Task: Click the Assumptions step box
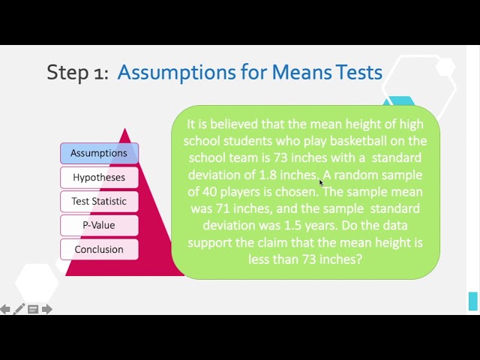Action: (x=99, y=153)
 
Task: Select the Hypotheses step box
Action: (x=99, y=178)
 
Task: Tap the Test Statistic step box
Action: (x=99, y=201)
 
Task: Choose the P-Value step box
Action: (x=99, y=225)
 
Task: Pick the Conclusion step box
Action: (x=99, y=249)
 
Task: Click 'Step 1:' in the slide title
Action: (x=77, y=72)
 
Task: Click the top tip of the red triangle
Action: (x=124, y=130)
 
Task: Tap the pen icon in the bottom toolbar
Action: (x=19, y=309)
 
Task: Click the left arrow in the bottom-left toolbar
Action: (x=5, y=309)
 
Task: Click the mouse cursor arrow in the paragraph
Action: (x=321, y=182)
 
